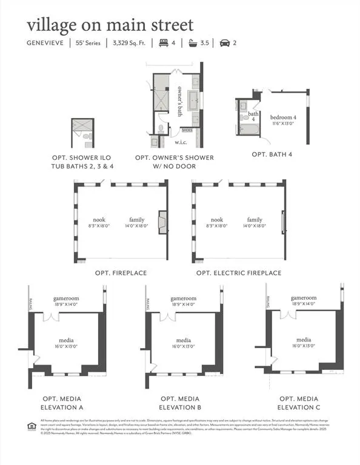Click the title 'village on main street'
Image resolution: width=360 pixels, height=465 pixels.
click(x=110, y=25)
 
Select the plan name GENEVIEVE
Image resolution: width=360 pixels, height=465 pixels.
click(x=47, y=43)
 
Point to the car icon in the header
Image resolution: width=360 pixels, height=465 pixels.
click(x=224, y=43)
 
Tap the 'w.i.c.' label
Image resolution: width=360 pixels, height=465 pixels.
click(x=181, y=142)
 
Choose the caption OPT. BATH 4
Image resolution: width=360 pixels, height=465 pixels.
click(x=272, y=154)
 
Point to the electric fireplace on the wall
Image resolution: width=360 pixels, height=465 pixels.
click(x=283, y=222)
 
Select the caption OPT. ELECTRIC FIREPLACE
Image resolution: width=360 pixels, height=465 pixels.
click(x=239, y=273)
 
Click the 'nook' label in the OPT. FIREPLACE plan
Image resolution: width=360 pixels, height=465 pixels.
click(x=99, y=220)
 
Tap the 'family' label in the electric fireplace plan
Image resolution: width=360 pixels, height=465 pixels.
click(x=255, y=220)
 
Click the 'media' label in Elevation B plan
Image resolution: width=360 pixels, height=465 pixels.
click(x=183, y=340)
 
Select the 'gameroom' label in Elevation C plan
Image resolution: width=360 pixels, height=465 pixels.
click(x=304, y=298)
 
